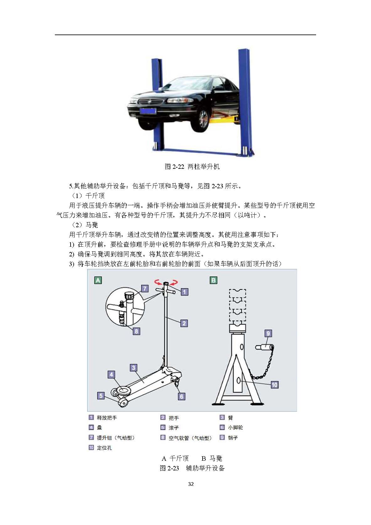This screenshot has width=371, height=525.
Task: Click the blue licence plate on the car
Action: (148, 111)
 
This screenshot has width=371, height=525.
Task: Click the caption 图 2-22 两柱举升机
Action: (192, 167)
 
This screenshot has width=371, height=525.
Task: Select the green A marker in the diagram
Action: (98, 280)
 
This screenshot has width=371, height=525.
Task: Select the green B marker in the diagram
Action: (213, 280)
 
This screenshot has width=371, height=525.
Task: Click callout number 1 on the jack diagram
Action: (184, 292)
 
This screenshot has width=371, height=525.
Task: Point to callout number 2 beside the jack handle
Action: (184, 324)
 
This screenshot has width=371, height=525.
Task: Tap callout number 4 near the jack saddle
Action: (111, 375)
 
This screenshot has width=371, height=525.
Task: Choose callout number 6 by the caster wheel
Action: (181, 397)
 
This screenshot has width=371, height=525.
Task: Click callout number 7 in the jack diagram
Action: (145, 288)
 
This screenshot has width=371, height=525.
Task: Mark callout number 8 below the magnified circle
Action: (136, 331)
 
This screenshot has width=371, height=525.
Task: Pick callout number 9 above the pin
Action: (268, 333)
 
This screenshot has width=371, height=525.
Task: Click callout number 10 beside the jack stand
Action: (274, 385)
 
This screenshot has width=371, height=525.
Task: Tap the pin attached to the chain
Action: (264, 347)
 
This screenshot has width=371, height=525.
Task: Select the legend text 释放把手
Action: (107, 418)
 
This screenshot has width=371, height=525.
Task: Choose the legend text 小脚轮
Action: (236, 427)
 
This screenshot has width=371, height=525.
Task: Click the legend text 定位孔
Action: (104, 448)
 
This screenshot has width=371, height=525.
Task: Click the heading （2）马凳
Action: (84, 225)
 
